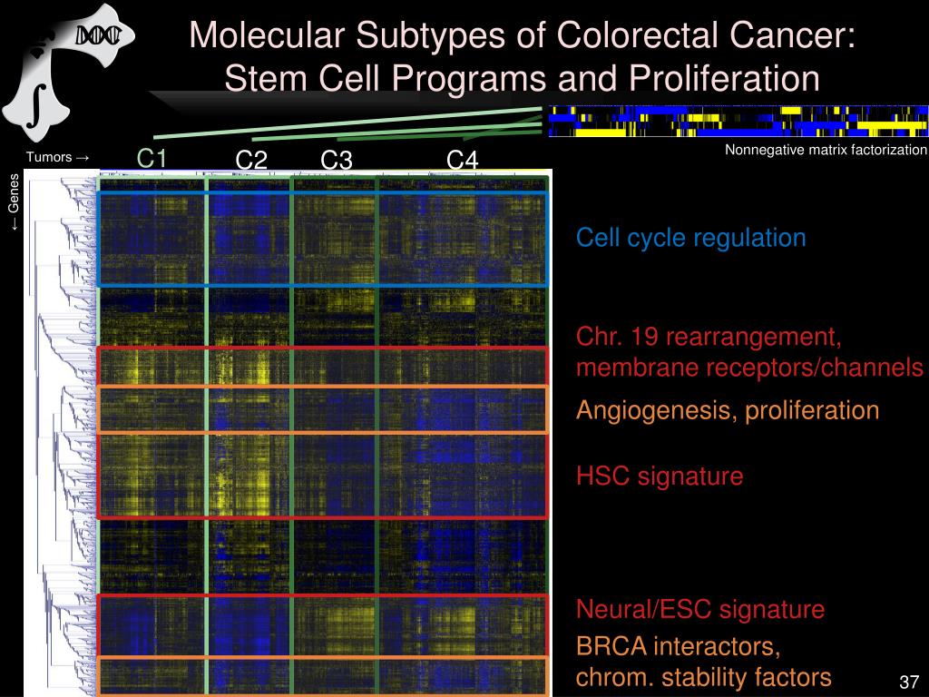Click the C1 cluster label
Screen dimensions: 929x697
(152, 158)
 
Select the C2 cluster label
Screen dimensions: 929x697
(251, 160)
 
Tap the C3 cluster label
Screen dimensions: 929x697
(337, 160)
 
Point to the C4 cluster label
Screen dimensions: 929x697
(462, 160)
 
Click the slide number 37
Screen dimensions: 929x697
(909, 682)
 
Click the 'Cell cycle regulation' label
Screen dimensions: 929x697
(690, 238)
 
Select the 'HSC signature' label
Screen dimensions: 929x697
(660, 476)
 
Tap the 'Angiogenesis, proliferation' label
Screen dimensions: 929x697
(728, 410)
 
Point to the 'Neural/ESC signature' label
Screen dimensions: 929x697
(700, 609)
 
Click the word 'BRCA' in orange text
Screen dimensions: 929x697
(611, 646)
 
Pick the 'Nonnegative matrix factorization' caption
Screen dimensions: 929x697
(826, 150)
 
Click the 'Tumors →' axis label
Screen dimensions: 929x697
(57, 157)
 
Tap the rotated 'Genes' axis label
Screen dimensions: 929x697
(13, 201)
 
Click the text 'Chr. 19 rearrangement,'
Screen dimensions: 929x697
(709, 337)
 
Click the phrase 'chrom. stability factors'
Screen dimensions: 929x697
(704, 677)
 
